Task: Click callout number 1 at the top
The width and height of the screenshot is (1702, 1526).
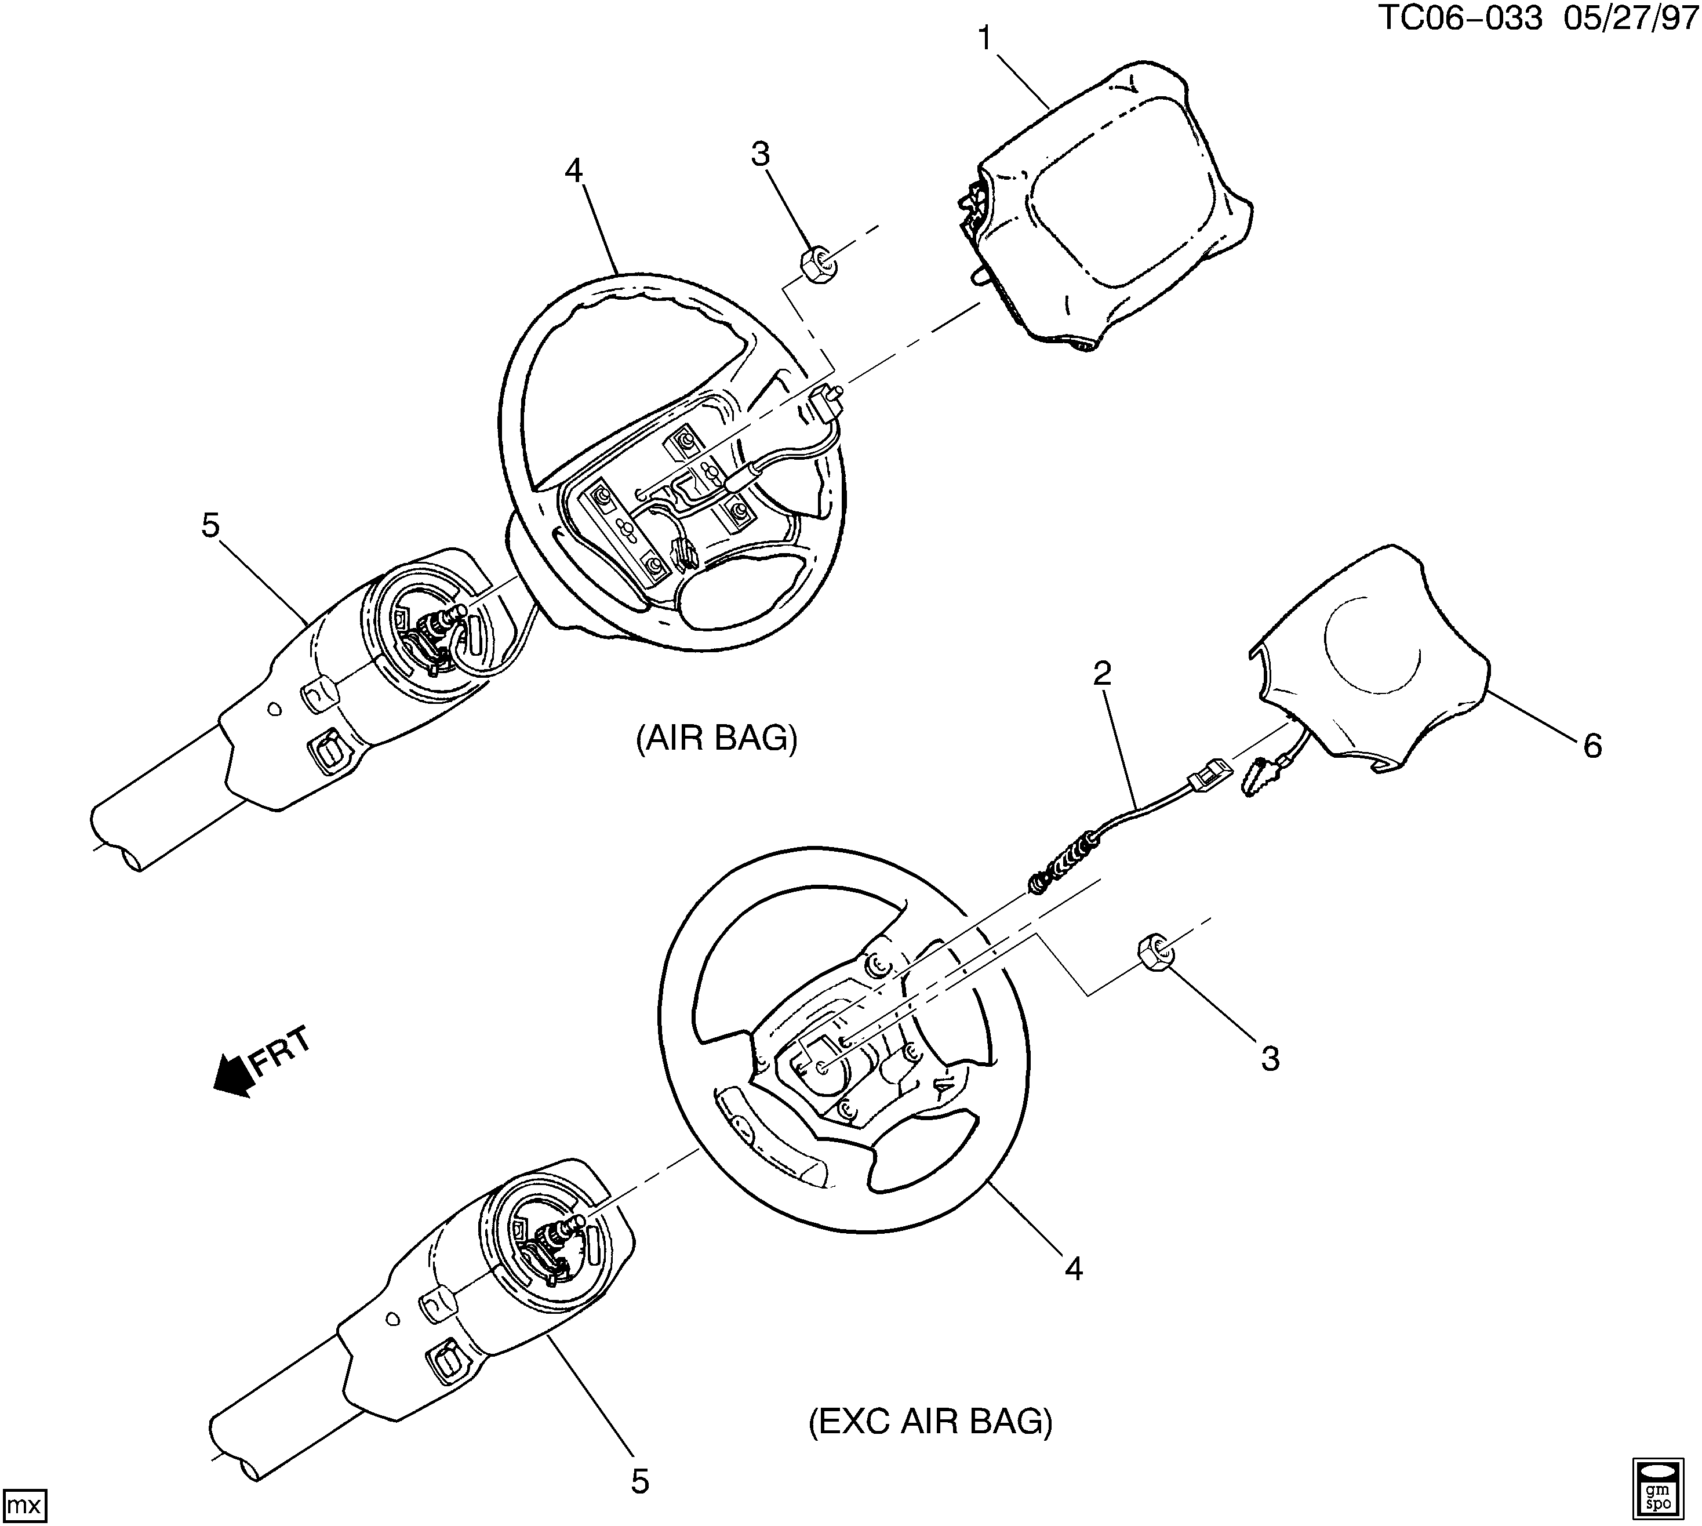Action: [984, 38]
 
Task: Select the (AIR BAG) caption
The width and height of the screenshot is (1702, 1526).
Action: [716, 738]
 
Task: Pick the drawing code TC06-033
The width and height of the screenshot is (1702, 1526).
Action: [1459, 19]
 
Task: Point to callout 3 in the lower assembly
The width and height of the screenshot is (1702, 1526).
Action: [1270, 1059]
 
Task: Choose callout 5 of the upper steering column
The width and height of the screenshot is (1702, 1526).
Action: [210, 526]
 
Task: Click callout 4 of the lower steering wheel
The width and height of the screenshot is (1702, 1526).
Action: [1074, 1269]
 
